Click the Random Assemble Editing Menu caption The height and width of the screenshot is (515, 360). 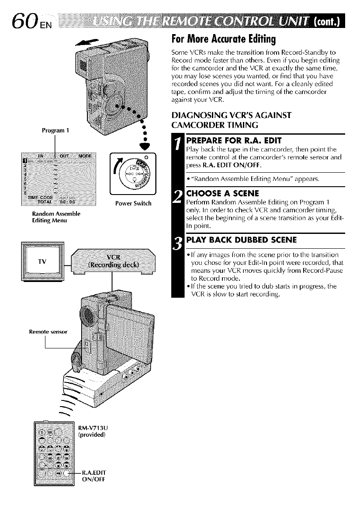click(54, 216)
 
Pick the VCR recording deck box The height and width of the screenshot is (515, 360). click(113, 261)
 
